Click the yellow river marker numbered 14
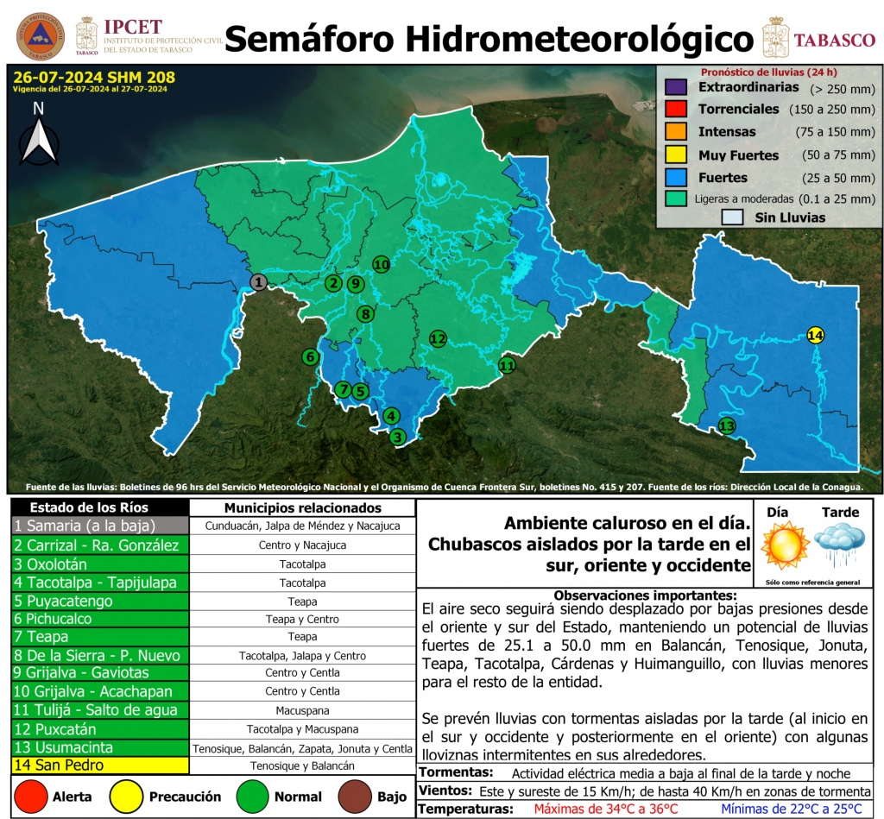tap(816, 335)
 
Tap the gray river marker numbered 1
tap(258, 281)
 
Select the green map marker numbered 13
tap(727, 425)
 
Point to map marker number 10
tap(381, 264)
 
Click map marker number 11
tap(507, 365)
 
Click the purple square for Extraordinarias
tap(676, 87)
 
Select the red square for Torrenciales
tap(676, 110)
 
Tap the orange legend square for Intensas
tap(676, 132)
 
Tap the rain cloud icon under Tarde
tap(840, 545)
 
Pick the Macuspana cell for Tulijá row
tap(301, 709)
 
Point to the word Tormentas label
tap(456, 772)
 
